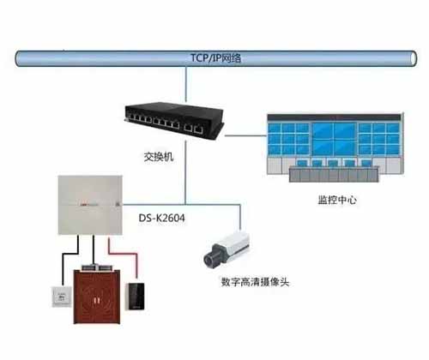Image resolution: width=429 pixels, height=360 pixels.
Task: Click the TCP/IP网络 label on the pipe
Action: coord(216,58)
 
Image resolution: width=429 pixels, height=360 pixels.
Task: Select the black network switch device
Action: coord(174,120)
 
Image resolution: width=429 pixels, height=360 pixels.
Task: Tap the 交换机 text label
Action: coord(159,157)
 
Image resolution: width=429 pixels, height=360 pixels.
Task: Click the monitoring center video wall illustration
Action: coord(335,147)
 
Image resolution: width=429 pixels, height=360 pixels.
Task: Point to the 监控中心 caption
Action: coord(337,200)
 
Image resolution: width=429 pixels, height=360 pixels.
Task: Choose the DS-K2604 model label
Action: coord(161,219)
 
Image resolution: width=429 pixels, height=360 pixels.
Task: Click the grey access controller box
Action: coord(90,205)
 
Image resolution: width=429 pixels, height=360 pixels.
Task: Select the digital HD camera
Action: coord(227,249)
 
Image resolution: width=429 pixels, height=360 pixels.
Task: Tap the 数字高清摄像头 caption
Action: coord(255,282)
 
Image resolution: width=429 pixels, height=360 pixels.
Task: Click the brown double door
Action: coord(97,297)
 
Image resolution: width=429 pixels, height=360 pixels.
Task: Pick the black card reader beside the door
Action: coord(136,296)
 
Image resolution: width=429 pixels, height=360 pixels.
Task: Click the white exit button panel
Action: coord(62,297)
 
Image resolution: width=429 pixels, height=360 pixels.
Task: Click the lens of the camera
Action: coord(208,260)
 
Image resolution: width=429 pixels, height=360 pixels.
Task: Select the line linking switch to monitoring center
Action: coord(245,135)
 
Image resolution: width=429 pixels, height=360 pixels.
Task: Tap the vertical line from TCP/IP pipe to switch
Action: coord(186,84)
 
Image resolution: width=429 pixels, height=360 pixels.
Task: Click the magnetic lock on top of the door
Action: coord(98,267)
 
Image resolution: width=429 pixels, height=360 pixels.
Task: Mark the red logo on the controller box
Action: coord(82,204)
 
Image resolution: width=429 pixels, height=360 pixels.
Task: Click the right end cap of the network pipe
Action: coord(414,58)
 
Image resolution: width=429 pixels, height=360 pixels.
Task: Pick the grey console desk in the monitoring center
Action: coord(334,174)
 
